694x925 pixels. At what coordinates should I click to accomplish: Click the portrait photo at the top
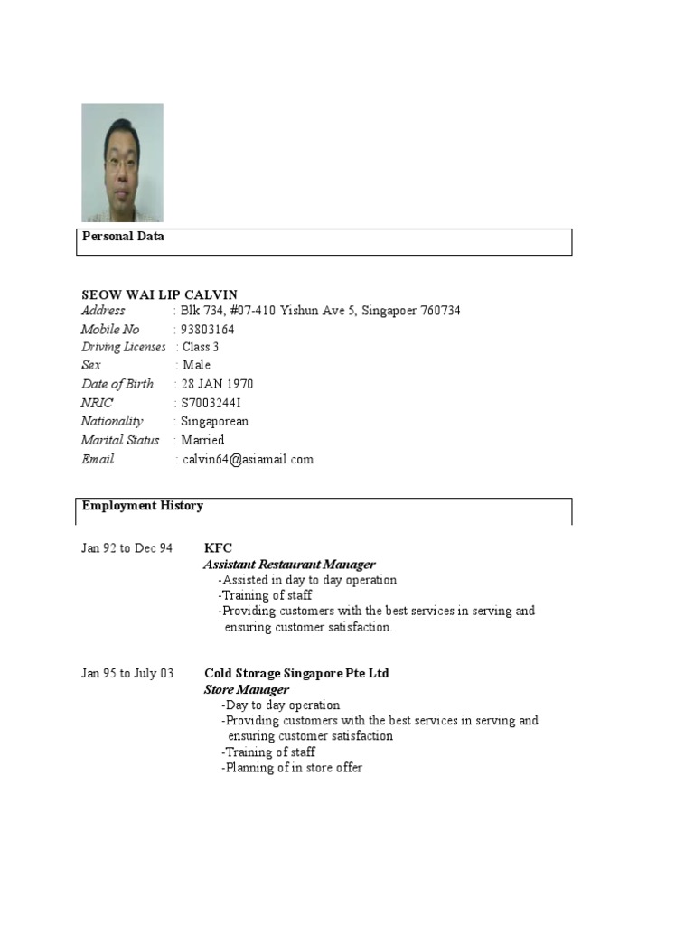click(x=122, y=163)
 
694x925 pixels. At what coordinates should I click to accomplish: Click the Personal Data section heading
click(x=123, y=236)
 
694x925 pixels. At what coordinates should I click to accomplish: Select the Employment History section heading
click(x=143, y=506)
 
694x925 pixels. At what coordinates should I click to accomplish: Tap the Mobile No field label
click(x=110, y=330)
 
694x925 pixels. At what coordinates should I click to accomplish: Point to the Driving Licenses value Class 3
click(x=202, y=348)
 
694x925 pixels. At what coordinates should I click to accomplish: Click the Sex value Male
click(x=197, y=366)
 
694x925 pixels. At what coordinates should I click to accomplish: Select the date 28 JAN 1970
click(x=218, y=385)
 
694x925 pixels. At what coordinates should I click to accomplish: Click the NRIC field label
click(x=98, y=403)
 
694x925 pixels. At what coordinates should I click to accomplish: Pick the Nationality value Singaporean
click(x=215, y=422)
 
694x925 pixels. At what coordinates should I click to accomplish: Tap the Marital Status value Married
click(x=203, y=441)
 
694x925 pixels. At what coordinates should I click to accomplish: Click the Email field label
click(x=98, y=460)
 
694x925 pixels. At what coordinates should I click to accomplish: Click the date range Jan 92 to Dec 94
click(x=127, y=548)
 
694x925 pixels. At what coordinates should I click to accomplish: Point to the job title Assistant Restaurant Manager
click(x=289, y=565)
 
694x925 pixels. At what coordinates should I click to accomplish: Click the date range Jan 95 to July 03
click(x=128, y=674)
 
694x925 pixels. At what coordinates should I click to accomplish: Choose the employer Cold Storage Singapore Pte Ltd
click(x=297, y=674)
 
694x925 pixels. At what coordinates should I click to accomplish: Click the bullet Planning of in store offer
click(x=292, y=769)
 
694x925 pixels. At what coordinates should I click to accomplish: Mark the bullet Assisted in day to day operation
click(x=307, y=581)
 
